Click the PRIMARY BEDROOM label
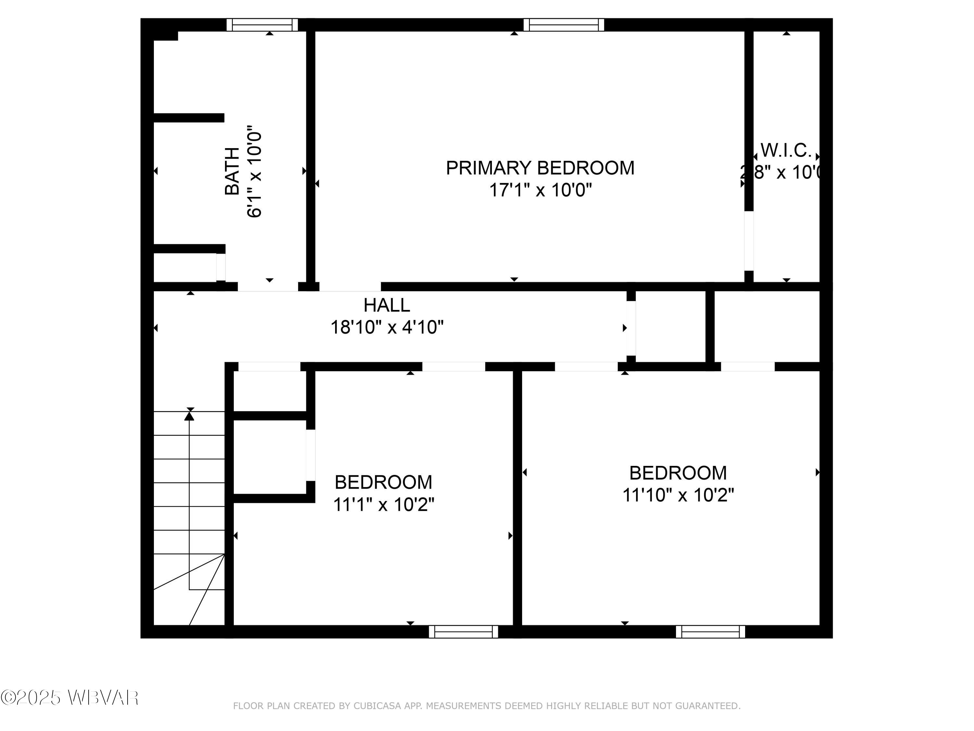point(540,168)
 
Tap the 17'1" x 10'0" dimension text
point(540,190)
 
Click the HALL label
point(387,305)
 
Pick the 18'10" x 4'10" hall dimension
point(387,327)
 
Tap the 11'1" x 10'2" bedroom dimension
point(383,505)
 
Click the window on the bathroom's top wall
point(262,25)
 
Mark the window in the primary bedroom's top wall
point(564,25)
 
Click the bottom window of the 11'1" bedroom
point(463,631)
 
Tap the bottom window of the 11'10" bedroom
point(710,631)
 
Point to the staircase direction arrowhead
point(189,416)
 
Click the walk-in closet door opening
point(749,241)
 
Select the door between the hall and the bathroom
point(268,287)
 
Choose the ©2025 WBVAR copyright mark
point(69,698)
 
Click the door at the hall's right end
point(631,328)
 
